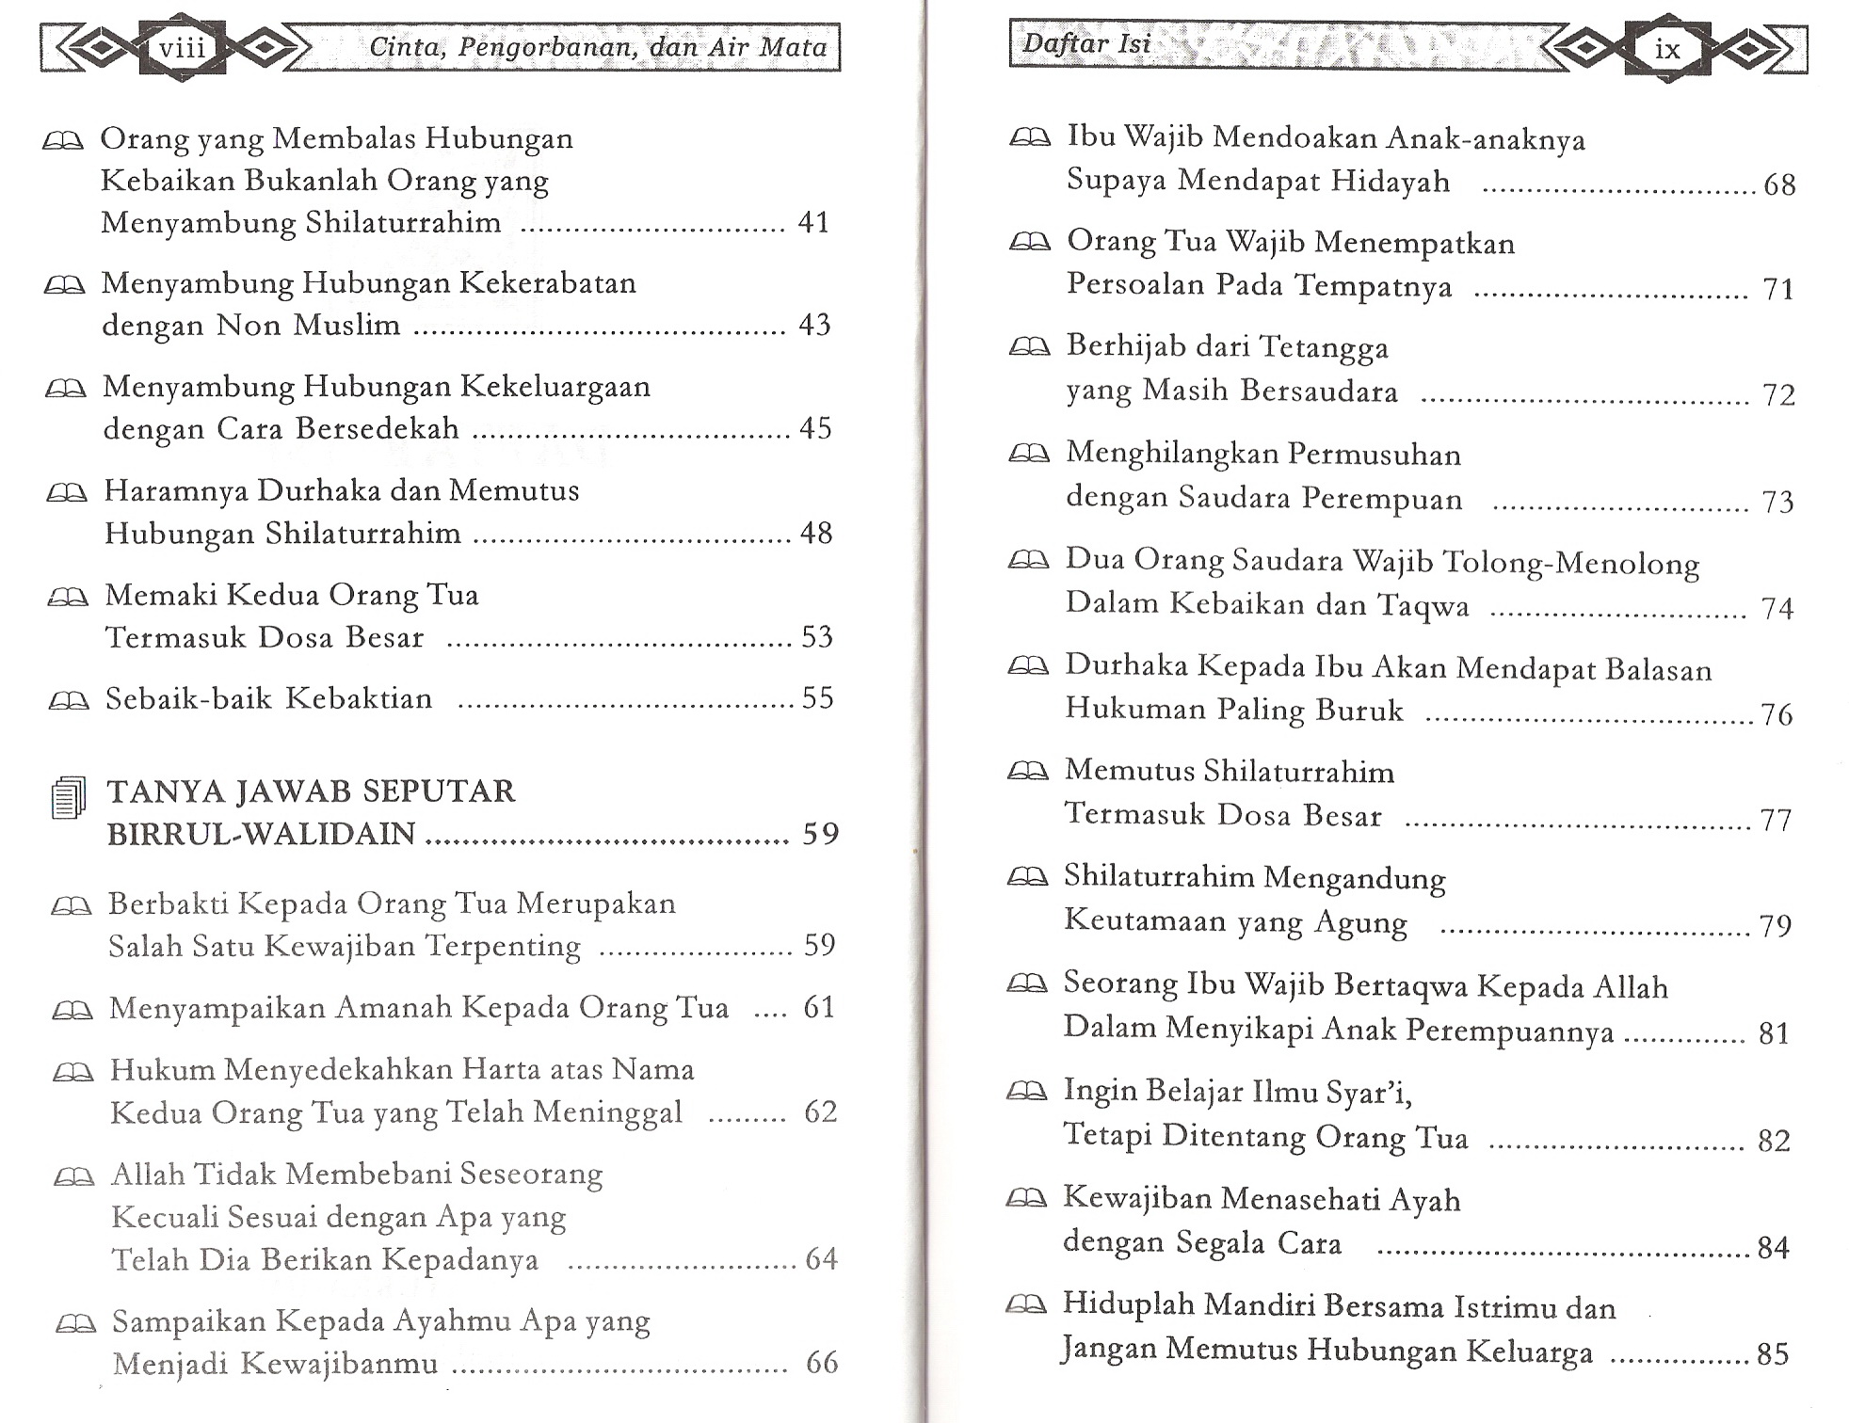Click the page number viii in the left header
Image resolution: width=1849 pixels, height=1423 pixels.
click(182, 47)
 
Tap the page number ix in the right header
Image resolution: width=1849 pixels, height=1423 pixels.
click(1667, 49)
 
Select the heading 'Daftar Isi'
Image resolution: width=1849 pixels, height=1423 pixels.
click(1086, 43)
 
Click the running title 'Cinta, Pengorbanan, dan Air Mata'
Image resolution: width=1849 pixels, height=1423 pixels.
click(598, 47)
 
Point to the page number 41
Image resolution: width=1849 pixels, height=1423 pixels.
click(813, 222)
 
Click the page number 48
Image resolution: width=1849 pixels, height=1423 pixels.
click(816, 534)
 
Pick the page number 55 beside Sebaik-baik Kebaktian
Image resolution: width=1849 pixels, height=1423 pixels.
click(817, 698)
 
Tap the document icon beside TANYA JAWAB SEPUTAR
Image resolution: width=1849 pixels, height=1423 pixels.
click(68, 797)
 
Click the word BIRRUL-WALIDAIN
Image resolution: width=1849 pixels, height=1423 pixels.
click(261, 834)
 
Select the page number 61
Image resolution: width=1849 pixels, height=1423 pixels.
click(819, 1008)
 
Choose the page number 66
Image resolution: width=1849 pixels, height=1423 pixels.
click(821, 1363)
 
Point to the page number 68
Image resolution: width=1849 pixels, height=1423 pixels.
click(1779, 184)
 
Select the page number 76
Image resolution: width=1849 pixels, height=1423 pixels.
click(1777, 715)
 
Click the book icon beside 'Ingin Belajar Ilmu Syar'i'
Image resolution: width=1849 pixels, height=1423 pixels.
click(1026, 1092)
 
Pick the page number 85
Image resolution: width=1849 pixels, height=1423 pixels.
click(1773, 1354)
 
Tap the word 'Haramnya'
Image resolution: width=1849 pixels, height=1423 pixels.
click(176, 490)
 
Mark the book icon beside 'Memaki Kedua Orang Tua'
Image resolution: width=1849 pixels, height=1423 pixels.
click(67, 597)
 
